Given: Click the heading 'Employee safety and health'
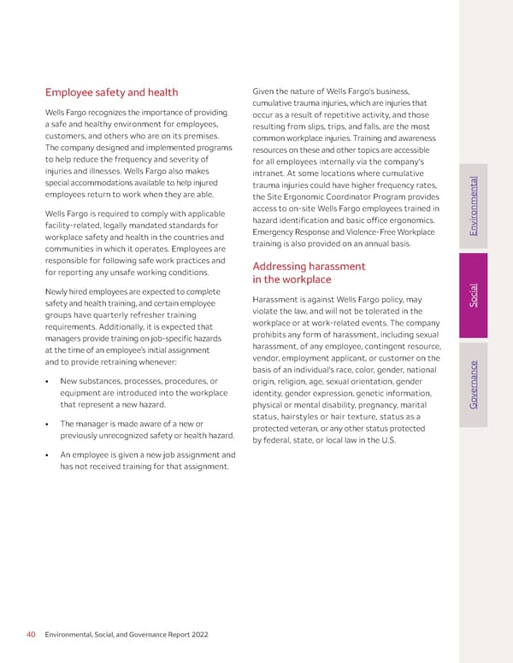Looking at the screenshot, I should tap(111, 92).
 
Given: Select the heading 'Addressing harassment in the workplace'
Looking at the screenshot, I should tap(309, 273).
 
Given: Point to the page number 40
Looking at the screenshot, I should tap(31, 634).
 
